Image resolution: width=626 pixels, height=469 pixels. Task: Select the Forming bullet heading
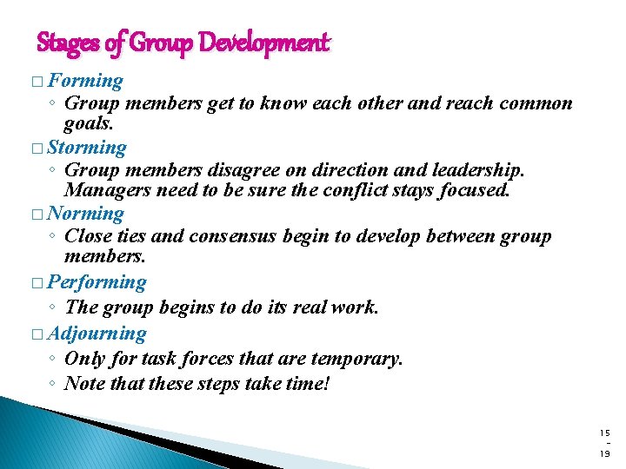(x=85, y=81)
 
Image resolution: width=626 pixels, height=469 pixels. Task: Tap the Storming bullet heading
(x=87, y=148)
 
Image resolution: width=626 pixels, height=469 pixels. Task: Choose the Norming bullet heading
(x=86, y=213)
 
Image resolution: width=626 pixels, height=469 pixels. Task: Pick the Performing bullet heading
(x=97, y=281)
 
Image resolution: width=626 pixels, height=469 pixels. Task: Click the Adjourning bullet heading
(x=97, y=333)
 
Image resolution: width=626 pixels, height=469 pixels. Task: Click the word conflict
(x=333, y=190)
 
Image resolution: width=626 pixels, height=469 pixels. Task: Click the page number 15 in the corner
(x=605, y=432)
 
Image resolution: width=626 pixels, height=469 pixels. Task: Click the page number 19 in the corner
(x=605, y=453)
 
